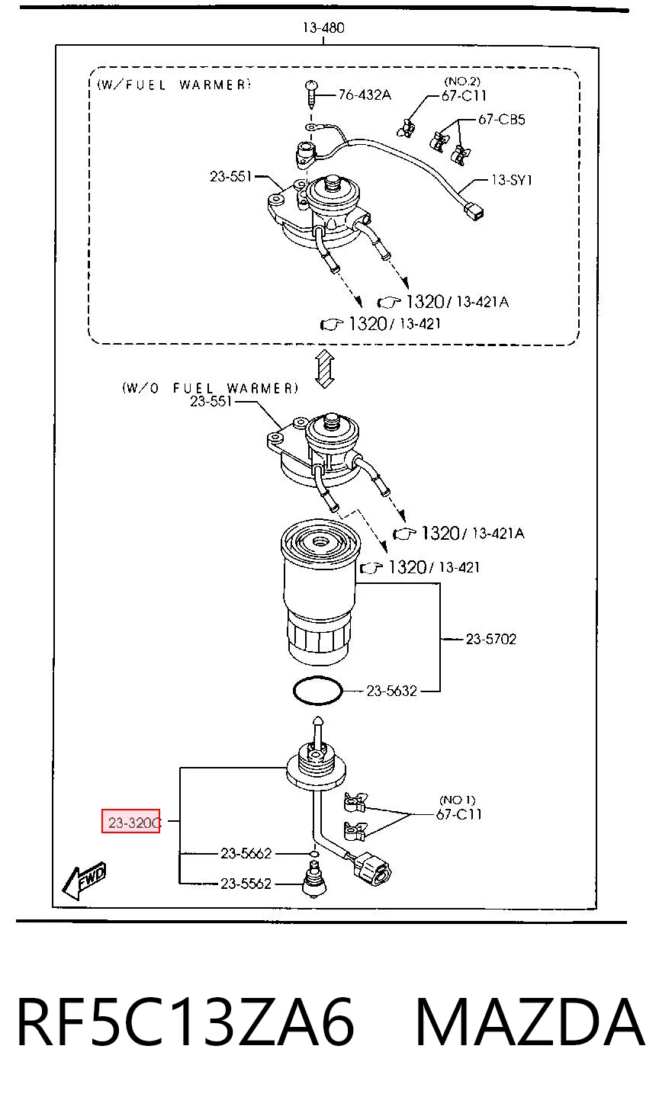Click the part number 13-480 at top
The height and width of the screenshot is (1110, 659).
(x=323, y=27)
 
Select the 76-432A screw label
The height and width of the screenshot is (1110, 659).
(x=365, y=95)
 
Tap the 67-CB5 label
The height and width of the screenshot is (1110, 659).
(x=501, y=120)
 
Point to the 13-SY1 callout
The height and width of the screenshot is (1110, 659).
(x=511, y=180)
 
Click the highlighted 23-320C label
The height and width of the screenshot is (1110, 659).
(x=131, y=823)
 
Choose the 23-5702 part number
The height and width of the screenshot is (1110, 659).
(x=491, y=639)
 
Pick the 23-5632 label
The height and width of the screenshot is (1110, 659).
(x=392, y=691)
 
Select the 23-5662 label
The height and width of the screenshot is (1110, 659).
(x=246, y=853)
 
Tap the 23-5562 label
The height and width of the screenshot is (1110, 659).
(x=246, y=884)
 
